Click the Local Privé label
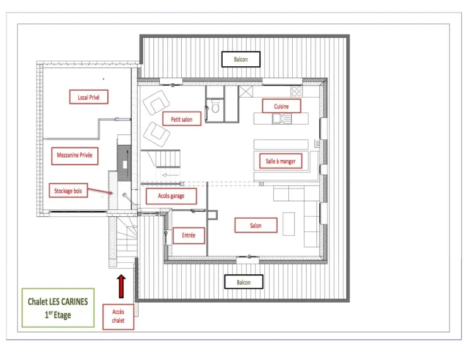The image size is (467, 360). point(89,97)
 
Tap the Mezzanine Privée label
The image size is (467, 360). point(74,156)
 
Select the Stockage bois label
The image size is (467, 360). point(68,190)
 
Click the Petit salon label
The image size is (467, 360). point(182,119)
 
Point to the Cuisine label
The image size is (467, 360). point(281,106)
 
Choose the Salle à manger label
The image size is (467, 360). point(281,161)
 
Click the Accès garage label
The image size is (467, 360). point(171,196)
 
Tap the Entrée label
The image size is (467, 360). point(189,235)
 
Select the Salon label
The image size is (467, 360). point(256,225)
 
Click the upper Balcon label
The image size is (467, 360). point(240,59)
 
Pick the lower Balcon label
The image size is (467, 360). point(244,282)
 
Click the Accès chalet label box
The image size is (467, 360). point(118,316)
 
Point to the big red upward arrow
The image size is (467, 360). point(121,286)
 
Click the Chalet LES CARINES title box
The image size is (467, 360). point(58,308)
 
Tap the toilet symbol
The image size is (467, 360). point(215,106)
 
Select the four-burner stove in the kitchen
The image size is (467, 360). point(297,91)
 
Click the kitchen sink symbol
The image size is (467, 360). point(281,119)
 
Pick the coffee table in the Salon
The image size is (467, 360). point(288,224)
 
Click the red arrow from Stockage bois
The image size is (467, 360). point(101,190)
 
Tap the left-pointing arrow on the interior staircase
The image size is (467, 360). point(170,175)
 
